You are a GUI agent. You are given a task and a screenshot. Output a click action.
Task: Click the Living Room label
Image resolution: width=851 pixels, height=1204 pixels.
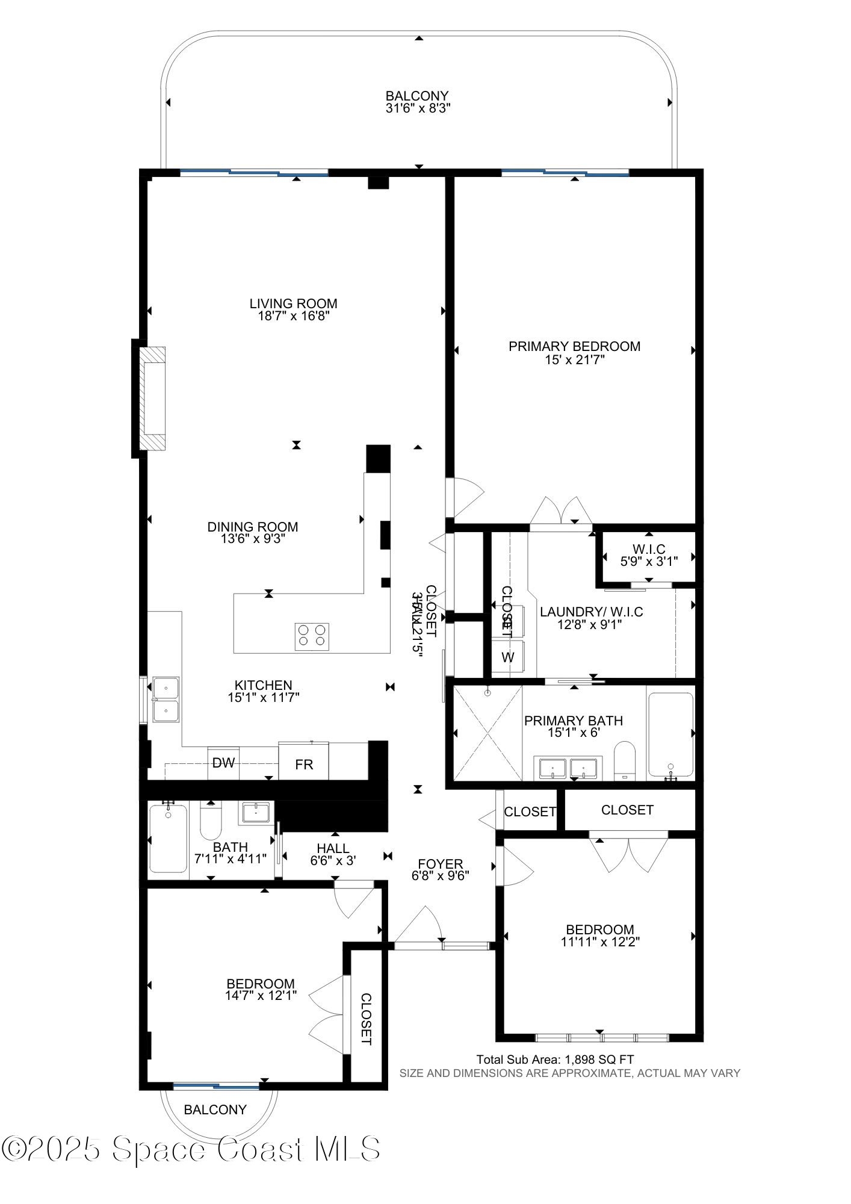coord(293,303)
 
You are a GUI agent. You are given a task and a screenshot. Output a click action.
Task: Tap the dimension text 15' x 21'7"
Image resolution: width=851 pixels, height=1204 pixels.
coord(574,360)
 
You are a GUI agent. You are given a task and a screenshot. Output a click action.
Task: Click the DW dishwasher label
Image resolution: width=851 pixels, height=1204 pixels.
coord(223,763)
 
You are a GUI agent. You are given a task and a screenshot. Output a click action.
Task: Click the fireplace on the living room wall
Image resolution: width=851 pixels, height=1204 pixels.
coord(153,398)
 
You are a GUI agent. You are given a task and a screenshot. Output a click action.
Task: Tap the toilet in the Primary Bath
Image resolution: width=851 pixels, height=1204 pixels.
coord(625,760)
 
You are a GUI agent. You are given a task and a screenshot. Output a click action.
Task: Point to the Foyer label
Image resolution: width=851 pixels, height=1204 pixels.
coord(441,864)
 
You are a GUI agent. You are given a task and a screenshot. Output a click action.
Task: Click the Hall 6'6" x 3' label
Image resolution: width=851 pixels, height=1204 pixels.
coord(333,855)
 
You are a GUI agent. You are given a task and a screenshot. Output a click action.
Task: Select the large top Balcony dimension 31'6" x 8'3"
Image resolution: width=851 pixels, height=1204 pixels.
coord(418,109)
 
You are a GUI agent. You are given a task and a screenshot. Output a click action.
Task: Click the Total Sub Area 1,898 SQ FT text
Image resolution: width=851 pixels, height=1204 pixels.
coord(555,1060)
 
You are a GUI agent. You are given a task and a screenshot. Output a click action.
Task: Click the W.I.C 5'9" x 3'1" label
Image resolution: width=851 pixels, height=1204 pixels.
coord(649,554)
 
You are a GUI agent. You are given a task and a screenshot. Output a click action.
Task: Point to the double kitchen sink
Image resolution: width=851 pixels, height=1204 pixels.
coord(166,699)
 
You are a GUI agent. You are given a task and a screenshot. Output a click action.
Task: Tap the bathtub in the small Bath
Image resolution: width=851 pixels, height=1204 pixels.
coord(168,838)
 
